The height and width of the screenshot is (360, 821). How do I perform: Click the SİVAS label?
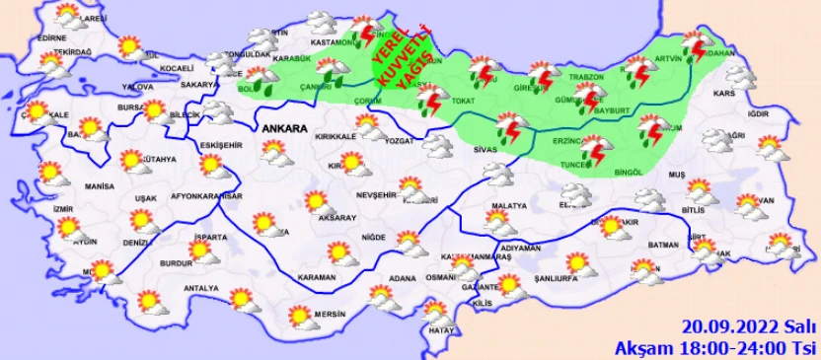(485, 148)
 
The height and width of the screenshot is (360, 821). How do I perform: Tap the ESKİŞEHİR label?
(218, 145)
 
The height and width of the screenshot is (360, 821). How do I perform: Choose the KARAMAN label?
(317, 278)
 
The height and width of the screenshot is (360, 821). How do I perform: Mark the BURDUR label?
(175, 263)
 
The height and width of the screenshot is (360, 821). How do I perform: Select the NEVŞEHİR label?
(375, 195)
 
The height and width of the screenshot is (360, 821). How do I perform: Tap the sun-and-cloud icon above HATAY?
(435, 313)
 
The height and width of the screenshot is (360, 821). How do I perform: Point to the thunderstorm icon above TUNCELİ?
(594, 150)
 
